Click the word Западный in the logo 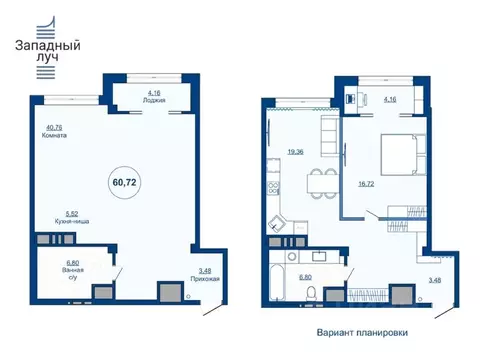point(48,46)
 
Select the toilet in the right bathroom point(313,293)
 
